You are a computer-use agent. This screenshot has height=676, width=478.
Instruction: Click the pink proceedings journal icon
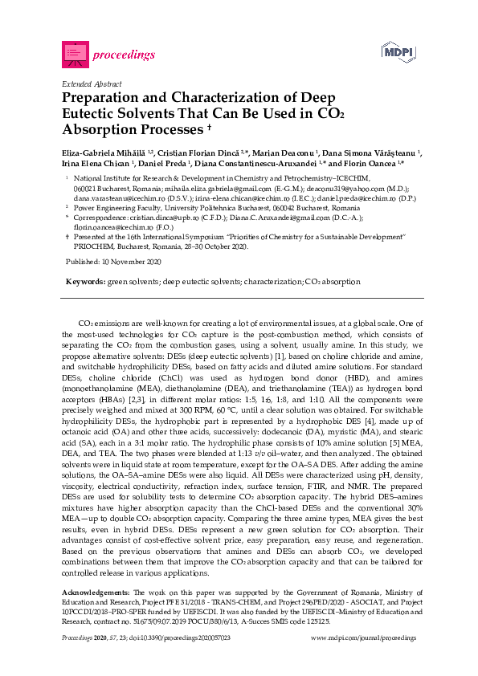(75, 54)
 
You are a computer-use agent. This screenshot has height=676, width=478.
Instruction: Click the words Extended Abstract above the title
(91, 83)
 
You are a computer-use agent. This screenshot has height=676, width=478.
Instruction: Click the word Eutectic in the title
(91, 113)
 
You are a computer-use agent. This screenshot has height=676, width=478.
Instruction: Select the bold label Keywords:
(85, 283)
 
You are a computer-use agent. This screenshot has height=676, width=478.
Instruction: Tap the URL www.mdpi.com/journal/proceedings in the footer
(363, 637)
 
